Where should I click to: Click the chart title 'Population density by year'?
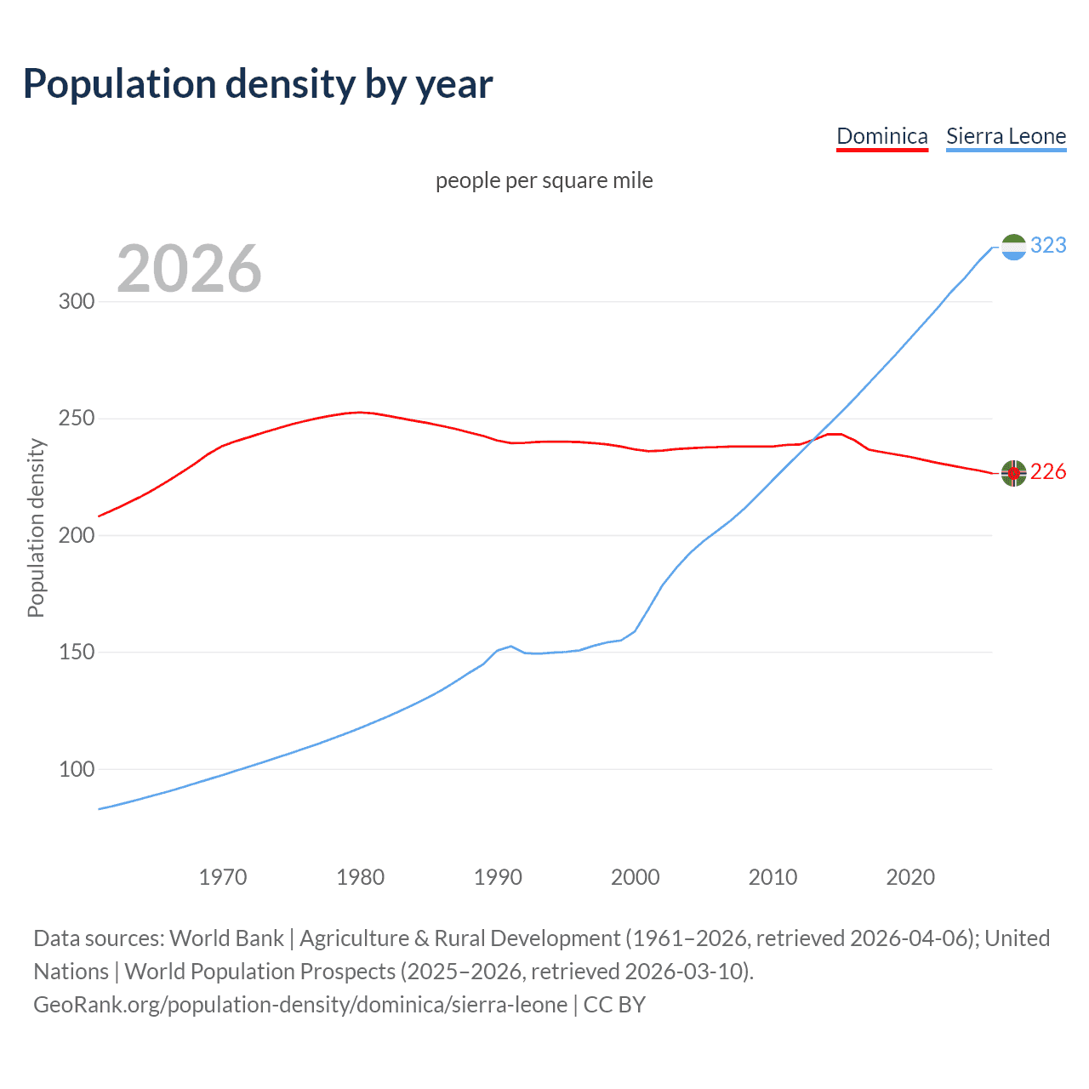(258, 84)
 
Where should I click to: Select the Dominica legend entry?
(881, 136)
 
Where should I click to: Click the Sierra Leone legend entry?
(1006, 136)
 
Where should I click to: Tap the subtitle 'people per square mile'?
(544, 180)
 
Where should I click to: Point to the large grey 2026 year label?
(189, 269)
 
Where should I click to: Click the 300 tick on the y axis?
(76, 302)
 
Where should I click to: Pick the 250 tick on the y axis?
(76, 419)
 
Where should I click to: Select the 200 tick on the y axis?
(76, 536)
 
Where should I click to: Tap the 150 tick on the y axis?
(76, 653)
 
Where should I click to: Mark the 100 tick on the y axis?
(76, 769)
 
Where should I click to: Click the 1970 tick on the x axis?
(223, 877)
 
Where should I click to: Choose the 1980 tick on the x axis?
(361, 877)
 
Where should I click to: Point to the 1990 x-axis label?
(498, 877)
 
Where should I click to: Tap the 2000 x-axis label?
(636, 877)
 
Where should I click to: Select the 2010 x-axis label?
(773, 877)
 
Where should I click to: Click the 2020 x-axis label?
(910, 877)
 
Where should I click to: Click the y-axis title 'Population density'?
(36, 527)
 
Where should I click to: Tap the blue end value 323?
(1048, 245)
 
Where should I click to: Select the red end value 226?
(1048, 472)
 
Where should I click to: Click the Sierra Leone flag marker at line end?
(1013, 247)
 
